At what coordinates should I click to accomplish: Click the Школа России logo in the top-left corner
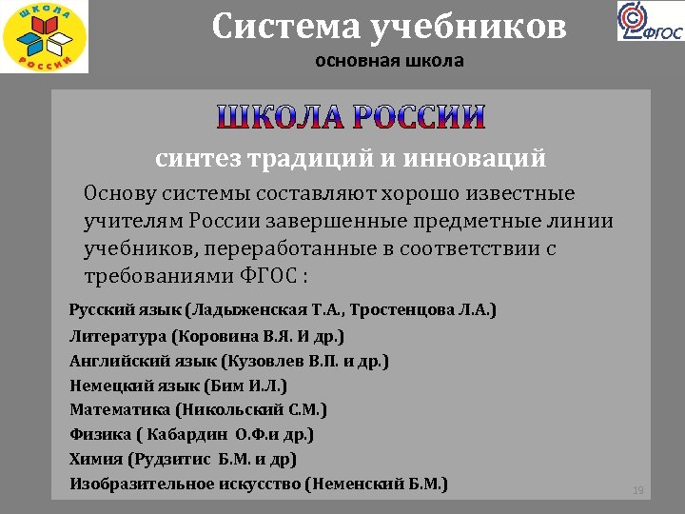[44, 37]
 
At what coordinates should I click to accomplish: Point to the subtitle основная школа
[389, 63]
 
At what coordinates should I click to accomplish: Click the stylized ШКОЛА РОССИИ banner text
[351, 117]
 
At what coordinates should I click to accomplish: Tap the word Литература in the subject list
[118, 336]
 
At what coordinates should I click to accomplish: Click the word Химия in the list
[94, 460]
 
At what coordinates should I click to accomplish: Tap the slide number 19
[638, 490]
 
